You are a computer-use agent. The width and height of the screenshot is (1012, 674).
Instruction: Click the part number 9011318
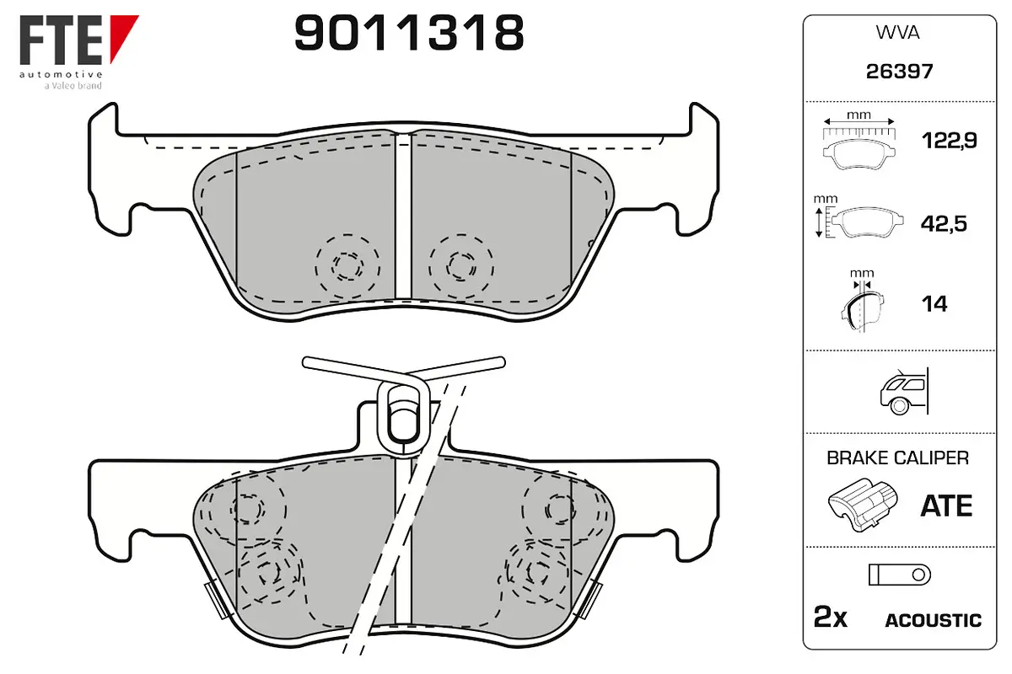pyautogui.click(x=409, y=32)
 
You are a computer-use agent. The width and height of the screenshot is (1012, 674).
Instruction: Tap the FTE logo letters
pyautogui.click(x=61, y=40)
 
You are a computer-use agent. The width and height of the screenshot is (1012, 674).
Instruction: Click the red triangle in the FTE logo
pyautogui.click(x=122, y=36)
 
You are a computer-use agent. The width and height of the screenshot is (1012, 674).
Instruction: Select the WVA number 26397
pyautogui.click(x=899, y=72)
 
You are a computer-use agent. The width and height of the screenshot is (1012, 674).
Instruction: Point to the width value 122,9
pyautogui.click(x=950, y=141)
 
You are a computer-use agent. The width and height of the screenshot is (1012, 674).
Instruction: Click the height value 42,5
pyautogui.click(x=944, y=223)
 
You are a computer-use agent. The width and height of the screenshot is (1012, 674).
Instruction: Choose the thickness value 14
pyautogui.click(x=934, y=304)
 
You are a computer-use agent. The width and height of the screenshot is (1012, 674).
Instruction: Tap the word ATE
pyautogui.click(x=946, y=505)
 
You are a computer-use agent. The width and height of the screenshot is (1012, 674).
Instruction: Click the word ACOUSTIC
pyautogui.click(x=934, y=621)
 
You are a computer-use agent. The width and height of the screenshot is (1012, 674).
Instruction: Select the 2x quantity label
pyautogui.click(x=831, y=617)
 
